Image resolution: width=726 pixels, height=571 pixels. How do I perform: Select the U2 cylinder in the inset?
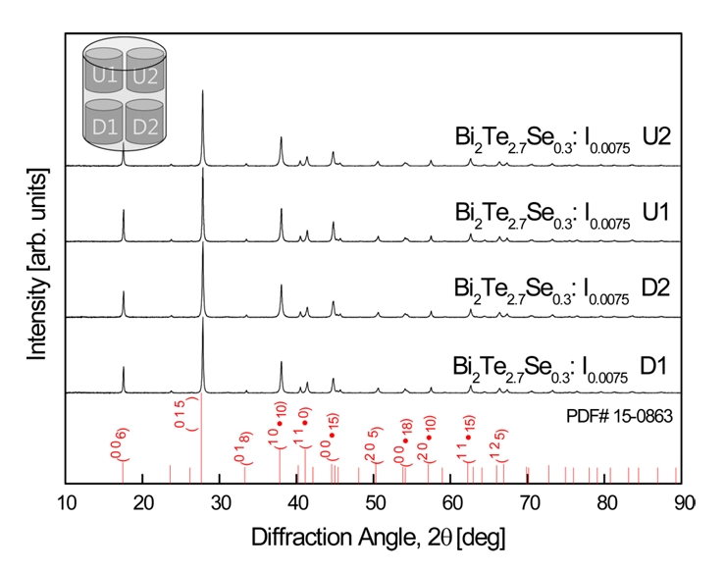click(x=145, y=73)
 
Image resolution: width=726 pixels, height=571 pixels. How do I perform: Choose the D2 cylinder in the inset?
click(x=145, y=125)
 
